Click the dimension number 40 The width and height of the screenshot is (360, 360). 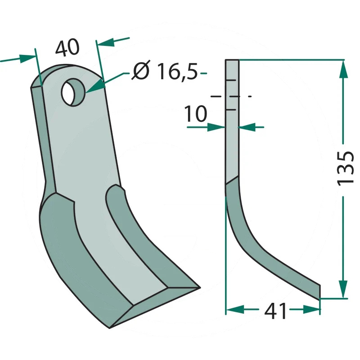tap(67, 48)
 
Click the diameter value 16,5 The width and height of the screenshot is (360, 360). tap(177, 72)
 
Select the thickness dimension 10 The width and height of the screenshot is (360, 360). tap(196, 114)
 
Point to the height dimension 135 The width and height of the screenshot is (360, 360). tap(345, 168)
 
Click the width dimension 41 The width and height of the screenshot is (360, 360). tap(275, 311)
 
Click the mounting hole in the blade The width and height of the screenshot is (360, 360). tap(73, 92)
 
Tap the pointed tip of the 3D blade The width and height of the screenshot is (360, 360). tap(199, 287)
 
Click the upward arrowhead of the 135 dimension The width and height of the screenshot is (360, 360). tap(343, 69)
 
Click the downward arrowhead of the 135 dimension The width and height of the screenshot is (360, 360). tap(343, 289)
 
